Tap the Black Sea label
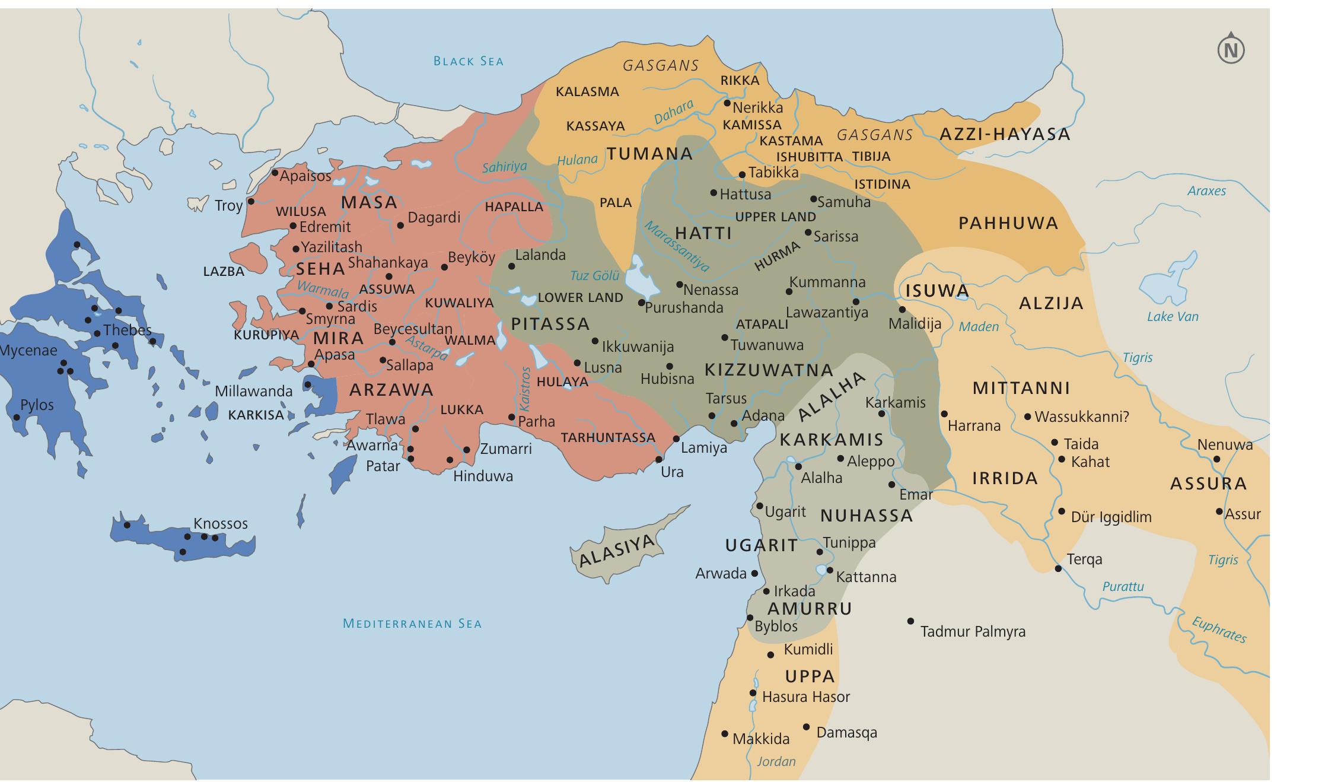pos(468,61)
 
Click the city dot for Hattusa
pos(713,193)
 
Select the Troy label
pos(228,206)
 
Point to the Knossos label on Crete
pos(220,523)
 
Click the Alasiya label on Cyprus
pos(616,551)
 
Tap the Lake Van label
pos(1172,317)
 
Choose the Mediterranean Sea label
pos(412,624)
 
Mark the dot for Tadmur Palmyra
pos(910,621)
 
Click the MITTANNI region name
pos(1021,389)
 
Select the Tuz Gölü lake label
pos(594,275)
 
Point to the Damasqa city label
pos(846,733)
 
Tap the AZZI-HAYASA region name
pos(1005,134)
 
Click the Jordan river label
pos(776,761)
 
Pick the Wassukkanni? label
pos(1081,417)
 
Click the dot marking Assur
pos(1219,511)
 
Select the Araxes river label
pos(1206,191)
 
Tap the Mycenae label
pos(28,350)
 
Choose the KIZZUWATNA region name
pos(769,370)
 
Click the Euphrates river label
pos(1219,630)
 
